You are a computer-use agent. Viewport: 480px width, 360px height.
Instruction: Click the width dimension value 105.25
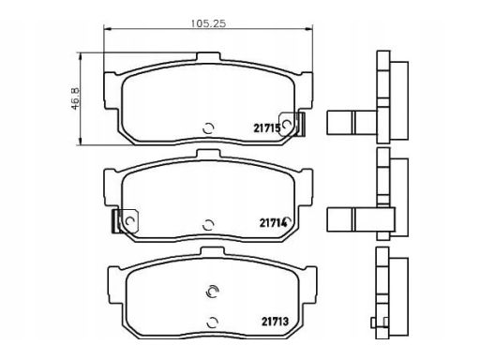click(208, 23)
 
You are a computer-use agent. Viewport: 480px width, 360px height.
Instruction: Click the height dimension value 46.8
click(76, 98)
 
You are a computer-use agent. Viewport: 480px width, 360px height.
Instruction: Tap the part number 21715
click(267, 128)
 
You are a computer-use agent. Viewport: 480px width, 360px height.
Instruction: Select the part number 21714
click(273, 223)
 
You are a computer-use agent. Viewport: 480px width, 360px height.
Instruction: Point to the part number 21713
click(275, 322)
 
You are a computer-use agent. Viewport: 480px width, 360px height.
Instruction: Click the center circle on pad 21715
click(208, 128)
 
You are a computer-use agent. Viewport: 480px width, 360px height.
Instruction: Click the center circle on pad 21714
click(208, 225)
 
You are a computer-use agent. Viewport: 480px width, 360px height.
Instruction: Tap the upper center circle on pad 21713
click(212, 292)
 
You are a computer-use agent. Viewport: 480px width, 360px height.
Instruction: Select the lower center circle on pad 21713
click(213, 322)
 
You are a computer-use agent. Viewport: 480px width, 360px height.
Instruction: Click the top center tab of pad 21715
click(208, 57)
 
